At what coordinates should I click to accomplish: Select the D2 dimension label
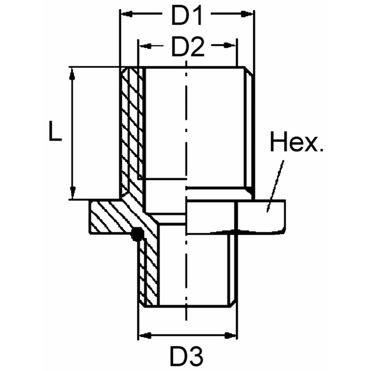coord(188,47)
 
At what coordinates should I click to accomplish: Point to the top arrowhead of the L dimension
coord(72,74)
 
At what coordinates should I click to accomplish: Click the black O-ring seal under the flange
coord(136,234)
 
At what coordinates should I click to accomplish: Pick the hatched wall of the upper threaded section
coord(131,130)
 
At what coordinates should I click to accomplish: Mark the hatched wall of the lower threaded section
coord(148,272)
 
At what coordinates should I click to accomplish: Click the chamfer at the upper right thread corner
coord(249,71)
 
